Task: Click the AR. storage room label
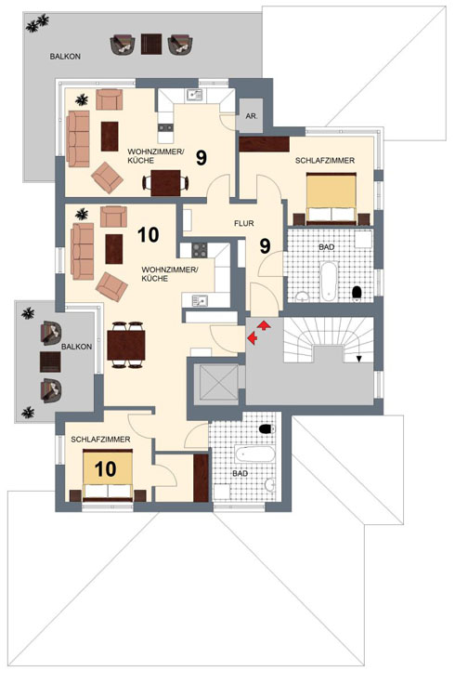pyautogui.click(x=252, y=116)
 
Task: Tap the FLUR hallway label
pyautogui.click(x=244, y=223)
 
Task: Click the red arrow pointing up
pyautogui.click(x=264, y=325)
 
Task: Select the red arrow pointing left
pyautogui.click(x=253, y=337)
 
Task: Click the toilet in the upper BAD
pyautogui.click(x=357, y=293)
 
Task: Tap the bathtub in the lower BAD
pyautogui.click(x=255, y=454)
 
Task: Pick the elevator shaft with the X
pyautogui.click(x=219, y=382)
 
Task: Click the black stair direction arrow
pyautogui.click(x=359, y=359)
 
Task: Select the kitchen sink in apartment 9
pyautogui.click(x=194, y=94)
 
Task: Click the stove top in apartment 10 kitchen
pyautogui.click(x=200, y=250)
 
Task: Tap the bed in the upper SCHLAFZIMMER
pyautogui.click(x=331, y=199)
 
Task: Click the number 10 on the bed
pyautogui.click(x=106, y=469)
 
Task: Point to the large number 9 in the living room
pyautogui.click(x=201, y=158)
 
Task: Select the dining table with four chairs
pyautogui.click(x=126, y=345)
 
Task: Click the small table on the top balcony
pyautogui.click(x=151, y=44)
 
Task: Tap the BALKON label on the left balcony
pyautogui.click(x=77, y=347)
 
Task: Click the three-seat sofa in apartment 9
pyautogui.click(x=78, y=138)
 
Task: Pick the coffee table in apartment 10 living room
pyautogui.click(x=113, y=249)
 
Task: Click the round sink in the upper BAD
pyautogui.click(x=302, y=297)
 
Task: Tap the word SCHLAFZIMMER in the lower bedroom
pyautogui.click(x=100, y=440)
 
